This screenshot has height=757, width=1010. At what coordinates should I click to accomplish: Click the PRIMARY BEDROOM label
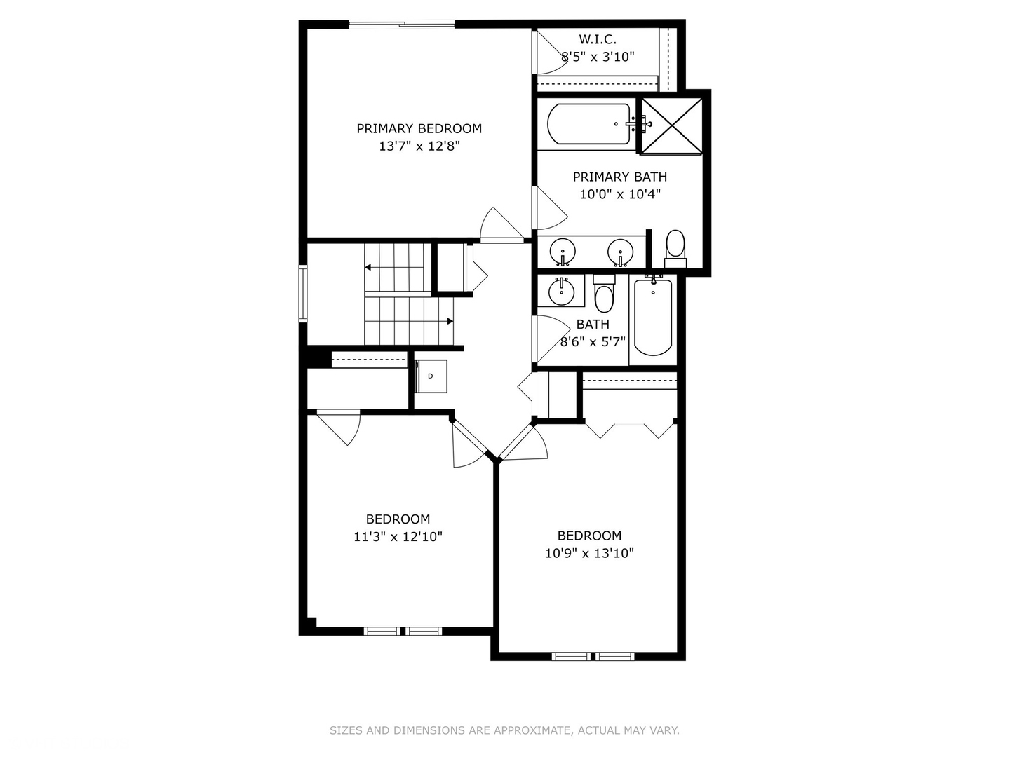[x=419, y=128]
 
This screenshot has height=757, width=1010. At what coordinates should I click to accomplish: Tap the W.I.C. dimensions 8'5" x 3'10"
[x=598, y=57]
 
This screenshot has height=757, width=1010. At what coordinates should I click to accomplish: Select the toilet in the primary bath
[x=675, y=247]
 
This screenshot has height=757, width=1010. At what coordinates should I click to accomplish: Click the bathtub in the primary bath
[x=588, y=124]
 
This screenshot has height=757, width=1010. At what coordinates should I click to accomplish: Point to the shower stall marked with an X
[x=672, y=124]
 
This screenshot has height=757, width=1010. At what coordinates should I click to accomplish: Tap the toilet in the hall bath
[x=603, y=294]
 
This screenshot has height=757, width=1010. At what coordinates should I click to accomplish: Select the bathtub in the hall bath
[x=653, y=318]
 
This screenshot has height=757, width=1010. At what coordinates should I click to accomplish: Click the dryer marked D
[x=431, y=376]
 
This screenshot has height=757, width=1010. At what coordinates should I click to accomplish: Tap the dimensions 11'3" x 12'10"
[x=398, y=537]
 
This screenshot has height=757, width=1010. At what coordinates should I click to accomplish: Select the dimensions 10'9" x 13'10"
[x=589, y=553]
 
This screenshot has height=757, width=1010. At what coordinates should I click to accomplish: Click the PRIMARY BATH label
[x=620, y=177]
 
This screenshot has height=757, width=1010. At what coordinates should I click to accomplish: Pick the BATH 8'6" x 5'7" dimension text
[x=593, y=342]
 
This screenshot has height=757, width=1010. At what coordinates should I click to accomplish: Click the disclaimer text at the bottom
[x=504, y=730]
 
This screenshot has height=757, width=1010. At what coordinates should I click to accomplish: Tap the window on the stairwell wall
[x=303, y=293]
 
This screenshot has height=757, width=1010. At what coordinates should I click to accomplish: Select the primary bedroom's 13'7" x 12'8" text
[x=419, y=146]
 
